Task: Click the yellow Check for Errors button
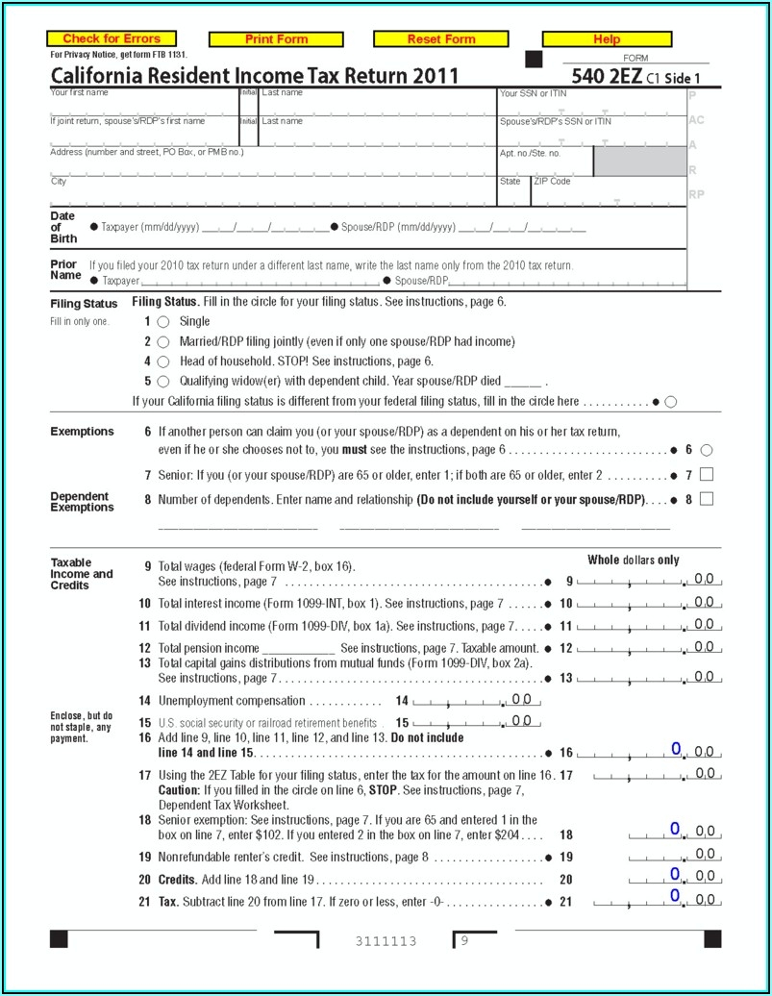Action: pyautogui.click(x=112, y=39)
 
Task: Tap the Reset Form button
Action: pyautogui.click(x=441, y=39)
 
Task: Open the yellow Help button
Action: pyautogui.click(x=607, y=39)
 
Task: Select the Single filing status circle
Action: pyautogui.click(x=163, y=322)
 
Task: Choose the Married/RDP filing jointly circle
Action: pyautogui.click(x=163, y=342)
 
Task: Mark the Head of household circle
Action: pyautogui.click(x=163, y=362)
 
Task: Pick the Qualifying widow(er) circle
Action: pyautogui.click(x=163, y=382)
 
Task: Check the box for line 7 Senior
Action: pyautogui.click(x=707, y=474)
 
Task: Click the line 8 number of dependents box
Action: pyautogui.click(x=707, y=499)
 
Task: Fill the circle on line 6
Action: pyautogui.click(x=707, y=450)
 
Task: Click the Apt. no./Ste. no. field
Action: pyautogui.click(x=544, y=165)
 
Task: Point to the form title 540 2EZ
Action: pyautogui.click(x=607, y=76)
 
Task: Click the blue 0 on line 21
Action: pyautogui.click(x=675, y=896)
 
